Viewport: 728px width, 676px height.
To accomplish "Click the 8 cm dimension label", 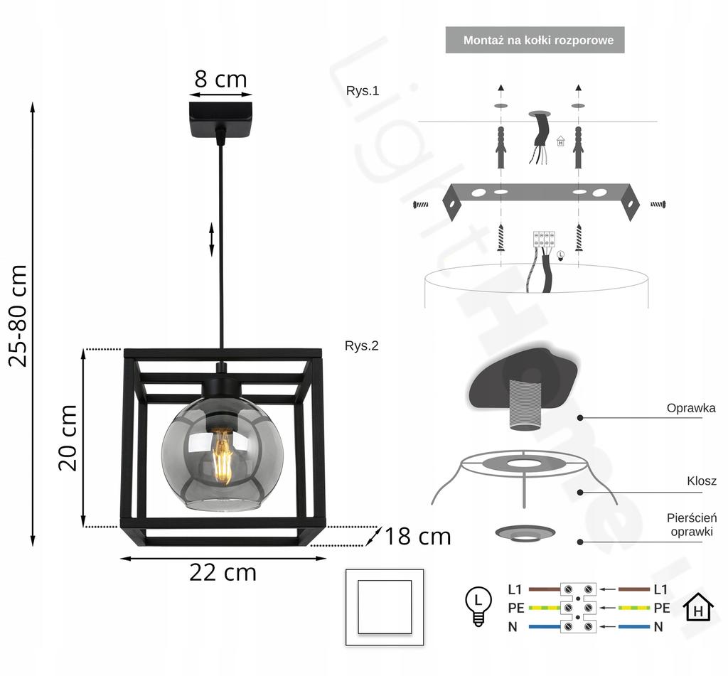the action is pos(220,79).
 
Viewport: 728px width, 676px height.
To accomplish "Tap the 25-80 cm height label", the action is pos(18,316).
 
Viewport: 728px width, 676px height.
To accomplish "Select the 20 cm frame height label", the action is pos(68,437).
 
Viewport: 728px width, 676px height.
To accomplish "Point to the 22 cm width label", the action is pos(223,572).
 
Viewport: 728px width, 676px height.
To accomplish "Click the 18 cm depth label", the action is pos(417,537).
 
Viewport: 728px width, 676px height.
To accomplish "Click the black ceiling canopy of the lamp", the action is pos(220,119).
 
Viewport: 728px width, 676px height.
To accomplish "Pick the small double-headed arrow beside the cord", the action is pos(212,240).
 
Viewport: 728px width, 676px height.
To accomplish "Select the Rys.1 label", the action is pos(363,90).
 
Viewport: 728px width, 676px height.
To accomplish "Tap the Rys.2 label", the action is pos(362,346).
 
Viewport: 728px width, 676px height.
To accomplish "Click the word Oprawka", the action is pos(691,408).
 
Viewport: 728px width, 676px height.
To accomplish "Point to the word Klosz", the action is pos(702,481).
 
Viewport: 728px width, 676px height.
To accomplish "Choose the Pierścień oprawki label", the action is pos(691,525).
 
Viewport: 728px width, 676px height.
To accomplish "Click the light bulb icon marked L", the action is pos(478,606).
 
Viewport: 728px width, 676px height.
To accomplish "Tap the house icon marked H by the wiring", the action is pos(698,607).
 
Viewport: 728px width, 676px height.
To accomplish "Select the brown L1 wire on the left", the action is pos(545,589).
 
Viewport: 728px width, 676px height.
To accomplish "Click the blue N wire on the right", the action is pos(634,627).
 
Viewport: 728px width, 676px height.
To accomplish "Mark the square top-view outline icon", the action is pos(385,607).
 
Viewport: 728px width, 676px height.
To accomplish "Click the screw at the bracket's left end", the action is pos(421,204).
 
